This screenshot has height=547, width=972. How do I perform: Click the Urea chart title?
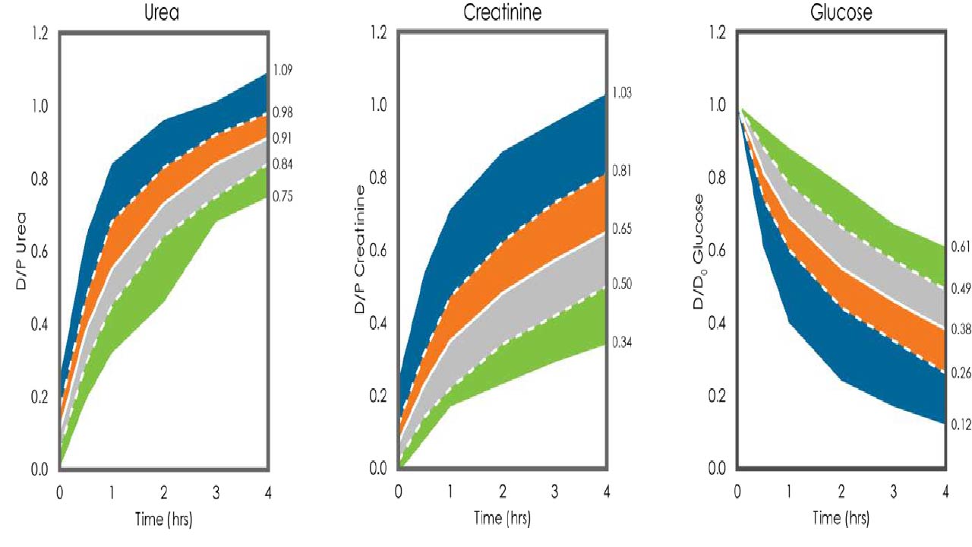point(162,13)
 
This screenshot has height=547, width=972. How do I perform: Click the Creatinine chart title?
point(503,12)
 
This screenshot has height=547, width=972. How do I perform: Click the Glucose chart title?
point(841,12)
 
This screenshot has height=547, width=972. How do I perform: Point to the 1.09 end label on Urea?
point(282,70)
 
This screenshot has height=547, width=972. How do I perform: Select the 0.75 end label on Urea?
point(282,196)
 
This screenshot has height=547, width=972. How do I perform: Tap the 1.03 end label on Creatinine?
point(622,93)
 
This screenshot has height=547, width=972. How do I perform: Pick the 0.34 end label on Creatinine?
point(622,343)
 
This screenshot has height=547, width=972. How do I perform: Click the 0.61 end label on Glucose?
point(961,247)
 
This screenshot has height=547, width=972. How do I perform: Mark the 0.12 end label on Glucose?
point(961,425)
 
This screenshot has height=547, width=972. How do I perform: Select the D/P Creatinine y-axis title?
point(360,249)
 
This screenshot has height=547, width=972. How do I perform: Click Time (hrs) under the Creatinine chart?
point(502,518)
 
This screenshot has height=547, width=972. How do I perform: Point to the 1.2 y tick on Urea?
point(39,33)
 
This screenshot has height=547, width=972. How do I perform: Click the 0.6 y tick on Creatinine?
point(378,251)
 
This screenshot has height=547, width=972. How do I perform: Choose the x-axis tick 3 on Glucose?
point(894,492)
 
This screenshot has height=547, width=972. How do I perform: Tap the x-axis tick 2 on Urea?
point(163,493)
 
